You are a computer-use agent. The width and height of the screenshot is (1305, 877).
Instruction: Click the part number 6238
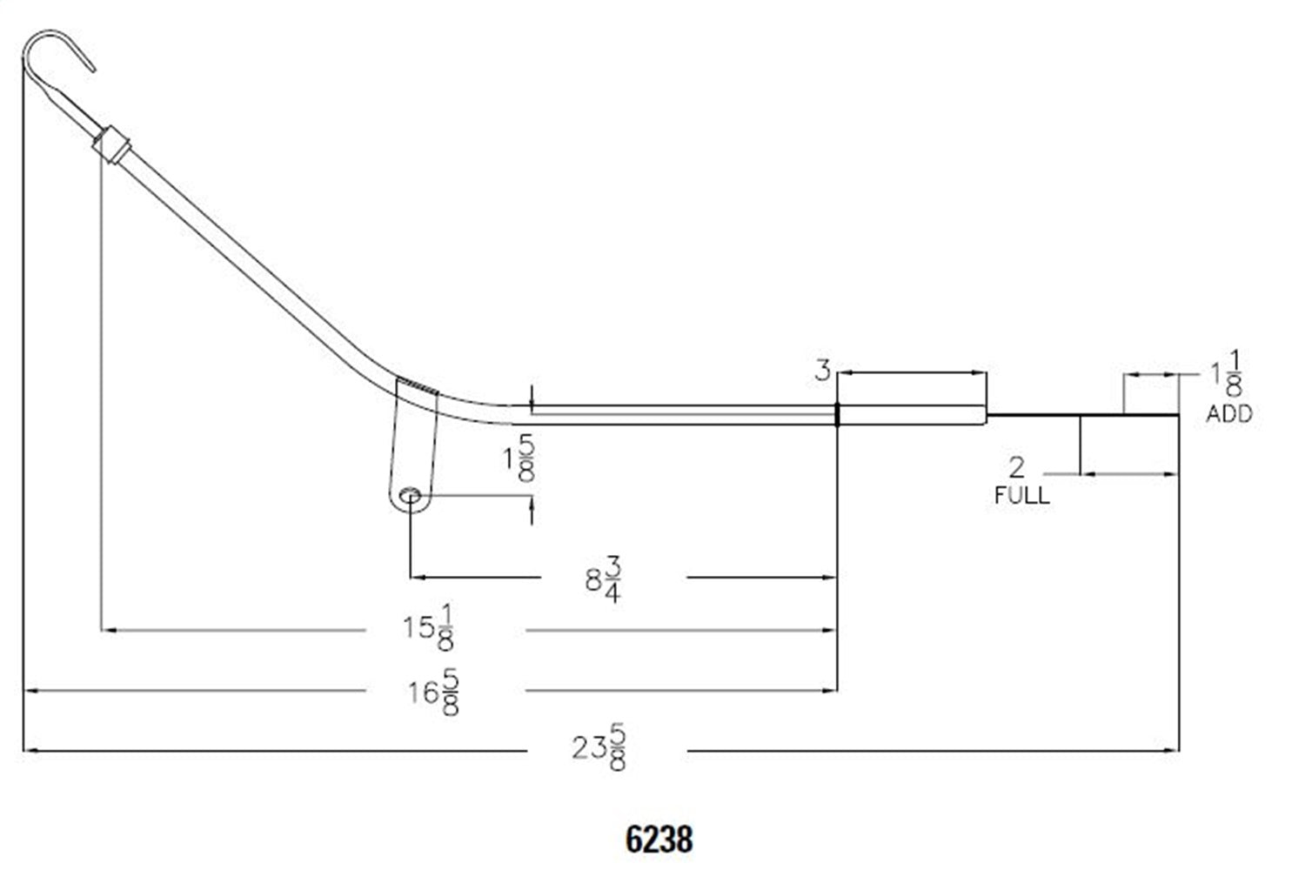click(x=659, y=840)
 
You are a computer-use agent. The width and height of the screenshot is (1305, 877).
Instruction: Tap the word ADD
click(x=1229, y=414)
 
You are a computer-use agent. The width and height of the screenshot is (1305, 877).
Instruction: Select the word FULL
click(x=1022, y=495)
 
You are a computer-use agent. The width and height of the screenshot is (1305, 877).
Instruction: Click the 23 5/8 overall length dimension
click(x=599, y=747)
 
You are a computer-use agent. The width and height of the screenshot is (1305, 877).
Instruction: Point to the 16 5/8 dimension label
click(x=433, y=692)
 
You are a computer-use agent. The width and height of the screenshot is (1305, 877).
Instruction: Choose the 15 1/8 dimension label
click(x=428, y=627)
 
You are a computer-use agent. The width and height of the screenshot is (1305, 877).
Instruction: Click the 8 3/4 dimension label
click(x=604, y=579)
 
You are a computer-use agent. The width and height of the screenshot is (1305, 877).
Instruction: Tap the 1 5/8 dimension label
click(x=519, y=458)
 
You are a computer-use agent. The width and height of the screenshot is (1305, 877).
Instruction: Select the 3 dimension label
click(x=822, y=371)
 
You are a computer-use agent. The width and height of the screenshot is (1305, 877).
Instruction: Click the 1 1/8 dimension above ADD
click(x=1227, y=373)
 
